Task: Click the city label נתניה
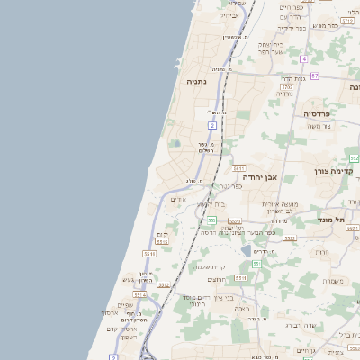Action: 196,81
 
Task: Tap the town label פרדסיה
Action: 318,114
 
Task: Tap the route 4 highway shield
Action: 304,58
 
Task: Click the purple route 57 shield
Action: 315,76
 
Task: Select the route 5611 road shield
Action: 238,168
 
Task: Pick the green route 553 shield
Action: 211,220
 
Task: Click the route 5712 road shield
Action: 287,87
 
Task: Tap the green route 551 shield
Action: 256,264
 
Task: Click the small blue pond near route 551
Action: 247,250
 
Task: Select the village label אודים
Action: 178,199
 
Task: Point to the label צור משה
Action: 319,127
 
